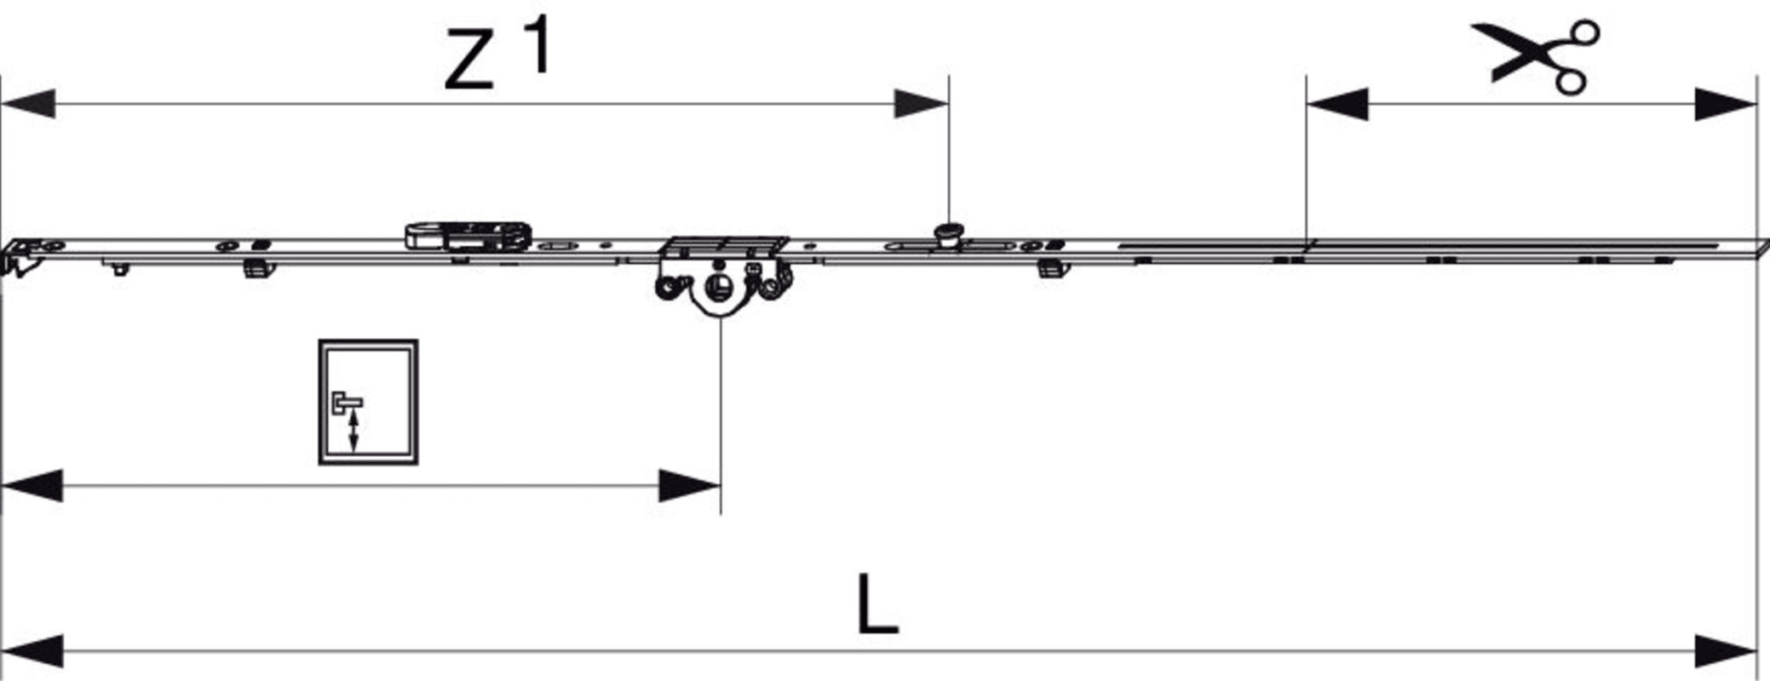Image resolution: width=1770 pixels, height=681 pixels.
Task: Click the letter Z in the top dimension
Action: point(468,59)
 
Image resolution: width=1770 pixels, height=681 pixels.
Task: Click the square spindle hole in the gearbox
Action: point(721,286)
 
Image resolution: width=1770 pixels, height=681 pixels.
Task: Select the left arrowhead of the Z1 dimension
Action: point(28,104)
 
